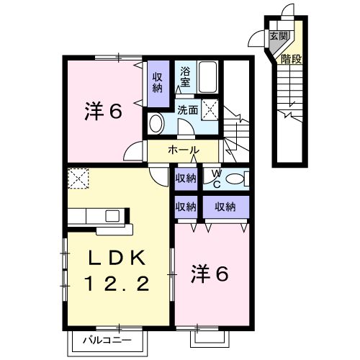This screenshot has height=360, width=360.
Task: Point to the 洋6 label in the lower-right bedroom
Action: (210, 274)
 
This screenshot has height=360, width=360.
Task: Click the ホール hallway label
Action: (184, 150)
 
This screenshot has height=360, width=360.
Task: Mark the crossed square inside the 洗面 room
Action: (210, 109)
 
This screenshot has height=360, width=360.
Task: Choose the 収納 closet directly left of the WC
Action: (186, 177)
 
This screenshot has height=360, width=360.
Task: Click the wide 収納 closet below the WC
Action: (225, 206)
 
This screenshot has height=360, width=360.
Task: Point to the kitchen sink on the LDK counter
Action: (113, 215)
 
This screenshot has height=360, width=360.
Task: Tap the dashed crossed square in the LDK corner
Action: (78, 177)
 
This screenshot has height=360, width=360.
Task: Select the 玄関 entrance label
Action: (278, 35)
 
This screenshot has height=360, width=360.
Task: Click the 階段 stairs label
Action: (291, 59)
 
